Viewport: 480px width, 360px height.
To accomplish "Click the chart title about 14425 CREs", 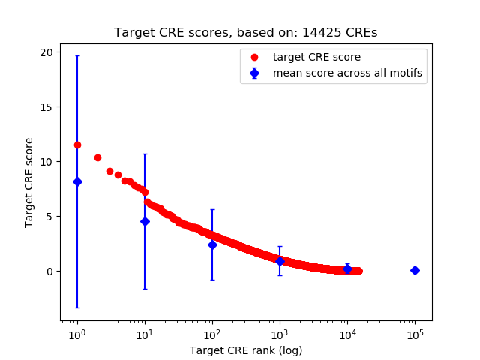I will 246,33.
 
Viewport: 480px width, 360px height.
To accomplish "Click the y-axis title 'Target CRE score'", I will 29,182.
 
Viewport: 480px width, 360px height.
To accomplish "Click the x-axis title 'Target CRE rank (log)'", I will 246,350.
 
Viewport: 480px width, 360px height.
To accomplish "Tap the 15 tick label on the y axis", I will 46,107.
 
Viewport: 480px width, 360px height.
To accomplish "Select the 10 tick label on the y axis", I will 46,162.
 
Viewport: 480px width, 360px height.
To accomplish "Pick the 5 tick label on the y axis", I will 49,217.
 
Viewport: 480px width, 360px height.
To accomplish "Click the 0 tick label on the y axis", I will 49,271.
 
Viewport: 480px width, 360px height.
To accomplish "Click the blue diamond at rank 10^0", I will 77,181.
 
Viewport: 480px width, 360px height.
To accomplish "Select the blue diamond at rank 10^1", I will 145,221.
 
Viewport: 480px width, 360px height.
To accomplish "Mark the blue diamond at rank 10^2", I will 212,244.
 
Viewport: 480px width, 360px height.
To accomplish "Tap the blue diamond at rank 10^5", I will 415,270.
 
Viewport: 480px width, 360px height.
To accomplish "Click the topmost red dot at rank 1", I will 77,145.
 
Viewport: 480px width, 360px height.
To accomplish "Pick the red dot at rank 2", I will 97,157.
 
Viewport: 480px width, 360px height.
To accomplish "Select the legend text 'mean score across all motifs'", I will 347,73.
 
